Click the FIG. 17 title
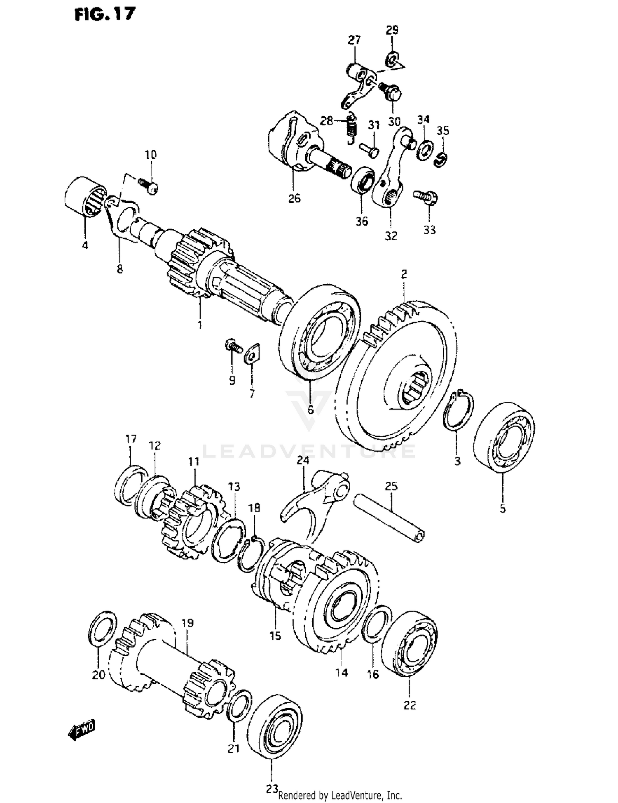[x=105, y=14]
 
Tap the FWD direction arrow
[x=82, y=729]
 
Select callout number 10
[x=150, y=155]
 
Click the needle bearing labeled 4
[x=85, y=195]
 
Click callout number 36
[x=362, y=221]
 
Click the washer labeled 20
[x=102, y=629]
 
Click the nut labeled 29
[x=392, y=59]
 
